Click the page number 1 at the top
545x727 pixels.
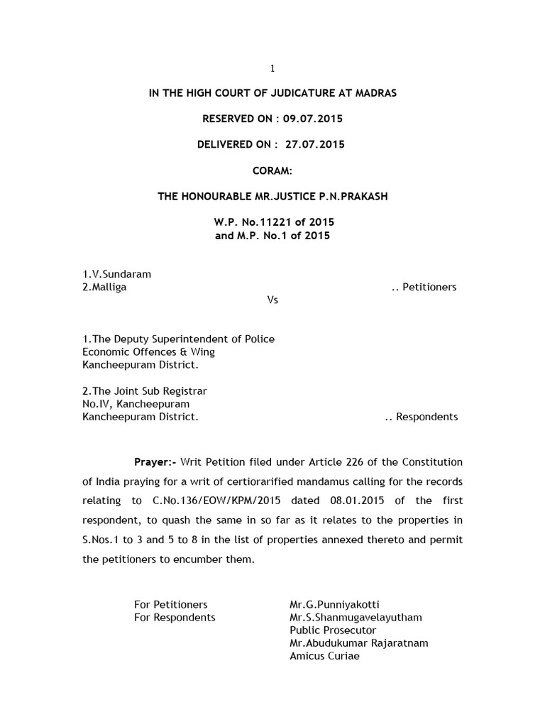point(272,68)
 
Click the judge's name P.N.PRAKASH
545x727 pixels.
point(356,196)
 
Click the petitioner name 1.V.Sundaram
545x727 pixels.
point(116,274)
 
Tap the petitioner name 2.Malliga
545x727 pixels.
point(105,287)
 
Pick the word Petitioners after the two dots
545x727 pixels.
point(429,287)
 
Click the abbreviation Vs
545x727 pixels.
point(272,300)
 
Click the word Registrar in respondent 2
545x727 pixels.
point(185,390)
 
